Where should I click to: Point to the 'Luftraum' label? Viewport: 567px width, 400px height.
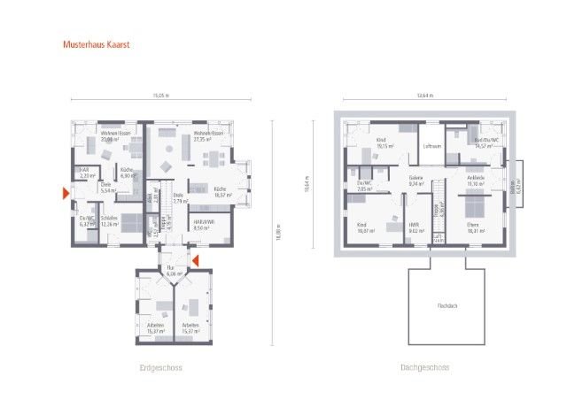tap(432, 146)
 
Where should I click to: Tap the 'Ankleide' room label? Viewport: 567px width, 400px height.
tap(476, 180)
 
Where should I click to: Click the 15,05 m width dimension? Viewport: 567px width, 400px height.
tap(159, 95)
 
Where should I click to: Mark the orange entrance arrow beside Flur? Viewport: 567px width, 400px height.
tap(197, 259)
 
